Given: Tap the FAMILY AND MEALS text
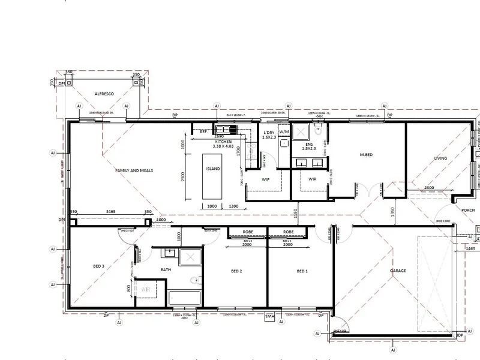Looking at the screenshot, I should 134,170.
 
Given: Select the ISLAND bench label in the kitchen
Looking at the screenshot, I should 213,169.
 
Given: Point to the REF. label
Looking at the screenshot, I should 203,131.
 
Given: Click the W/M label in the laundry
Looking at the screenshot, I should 284,131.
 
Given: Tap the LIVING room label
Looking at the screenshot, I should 445,159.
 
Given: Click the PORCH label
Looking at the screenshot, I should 468,210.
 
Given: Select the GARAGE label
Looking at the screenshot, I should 398,271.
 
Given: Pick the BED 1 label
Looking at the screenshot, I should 302,272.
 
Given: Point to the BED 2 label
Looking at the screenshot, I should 236,272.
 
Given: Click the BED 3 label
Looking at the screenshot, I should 98,266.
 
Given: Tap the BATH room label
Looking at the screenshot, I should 166,269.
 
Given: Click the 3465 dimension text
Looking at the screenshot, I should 110,212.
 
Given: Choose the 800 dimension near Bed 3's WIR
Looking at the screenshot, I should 128,287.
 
